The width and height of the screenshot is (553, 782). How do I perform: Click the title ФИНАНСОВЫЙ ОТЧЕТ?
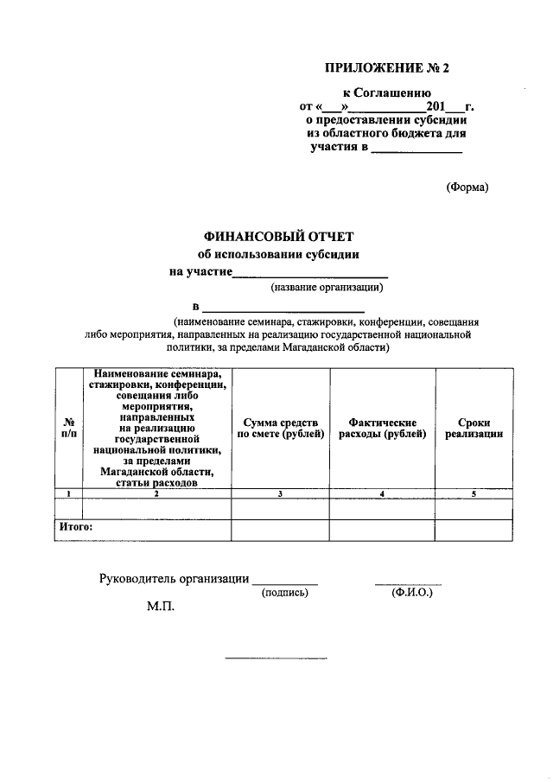(278, 235)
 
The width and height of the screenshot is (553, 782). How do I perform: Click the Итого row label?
(75, 525)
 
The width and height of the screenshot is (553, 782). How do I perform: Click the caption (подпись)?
(284, 593)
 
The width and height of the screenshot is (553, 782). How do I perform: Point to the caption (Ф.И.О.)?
(411, 593)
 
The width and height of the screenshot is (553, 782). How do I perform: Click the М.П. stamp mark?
(160, 607)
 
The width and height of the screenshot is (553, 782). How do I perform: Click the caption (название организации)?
(326, 287)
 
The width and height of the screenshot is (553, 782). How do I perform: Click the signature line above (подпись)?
(284, 583)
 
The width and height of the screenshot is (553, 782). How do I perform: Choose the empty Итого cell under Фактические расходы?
(381, 529)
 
